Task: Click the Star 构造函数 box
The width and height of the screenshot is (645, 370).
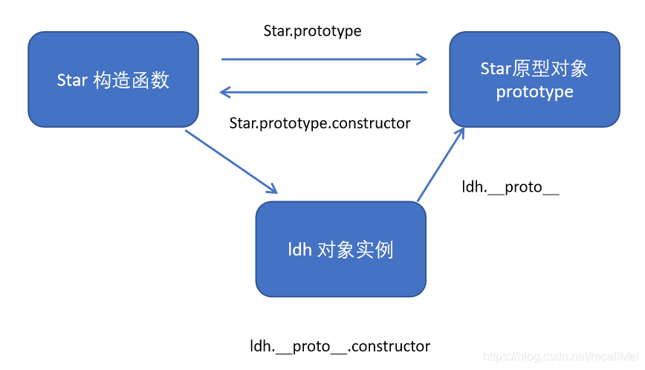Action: click(x=113, y=80)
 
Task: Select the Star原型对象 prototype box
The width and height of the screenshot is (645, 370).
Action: click(x=534, y=79)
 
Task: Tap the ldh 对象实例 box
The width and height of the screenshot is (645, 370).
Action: click(x=340, y=249)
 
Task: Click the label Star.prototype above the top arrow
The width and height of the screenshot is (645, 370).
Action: click(x=312, y=31)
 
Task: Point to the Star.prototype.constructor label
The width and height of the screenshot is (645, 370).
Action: click(x=320, y=123)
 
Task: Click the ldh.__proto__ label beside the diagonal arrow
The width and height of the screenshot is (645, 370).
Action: click(x=511, y=187)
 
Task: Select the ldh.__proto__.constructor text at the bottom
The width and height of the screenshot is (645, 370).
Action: click(x=340, y=346)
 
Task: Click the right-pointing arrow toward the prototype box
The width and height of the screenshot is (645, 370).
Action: click(x=324, y=59)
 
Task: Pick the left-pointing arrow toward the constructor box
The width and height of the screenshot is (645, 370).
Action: click(x=324, y=92)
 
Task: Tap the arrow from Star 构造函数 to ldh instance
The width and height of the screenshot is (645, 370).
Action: click(x=230, y=161)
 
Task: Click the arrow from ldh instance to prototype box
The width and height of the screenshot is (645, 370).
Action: click(x=441, y=164)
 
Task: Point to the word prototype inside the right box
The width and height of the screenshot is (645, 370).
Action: click(x=534, y=91)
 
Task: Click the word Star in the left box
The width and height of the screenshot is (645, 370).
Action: click(x=72, y=80)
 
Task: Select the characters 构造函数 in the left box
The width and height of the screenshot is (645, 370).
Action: click(x=132, y=80)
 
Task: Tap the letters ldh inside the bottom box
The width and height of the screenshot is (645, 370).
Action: click(x=299, y=250)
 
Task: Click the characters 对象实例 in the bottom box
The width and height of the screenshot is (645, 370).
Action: click(x=355, y=250)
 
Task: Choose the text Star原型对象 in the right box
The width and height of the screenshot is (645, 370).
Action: click(x=534, y=69)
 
